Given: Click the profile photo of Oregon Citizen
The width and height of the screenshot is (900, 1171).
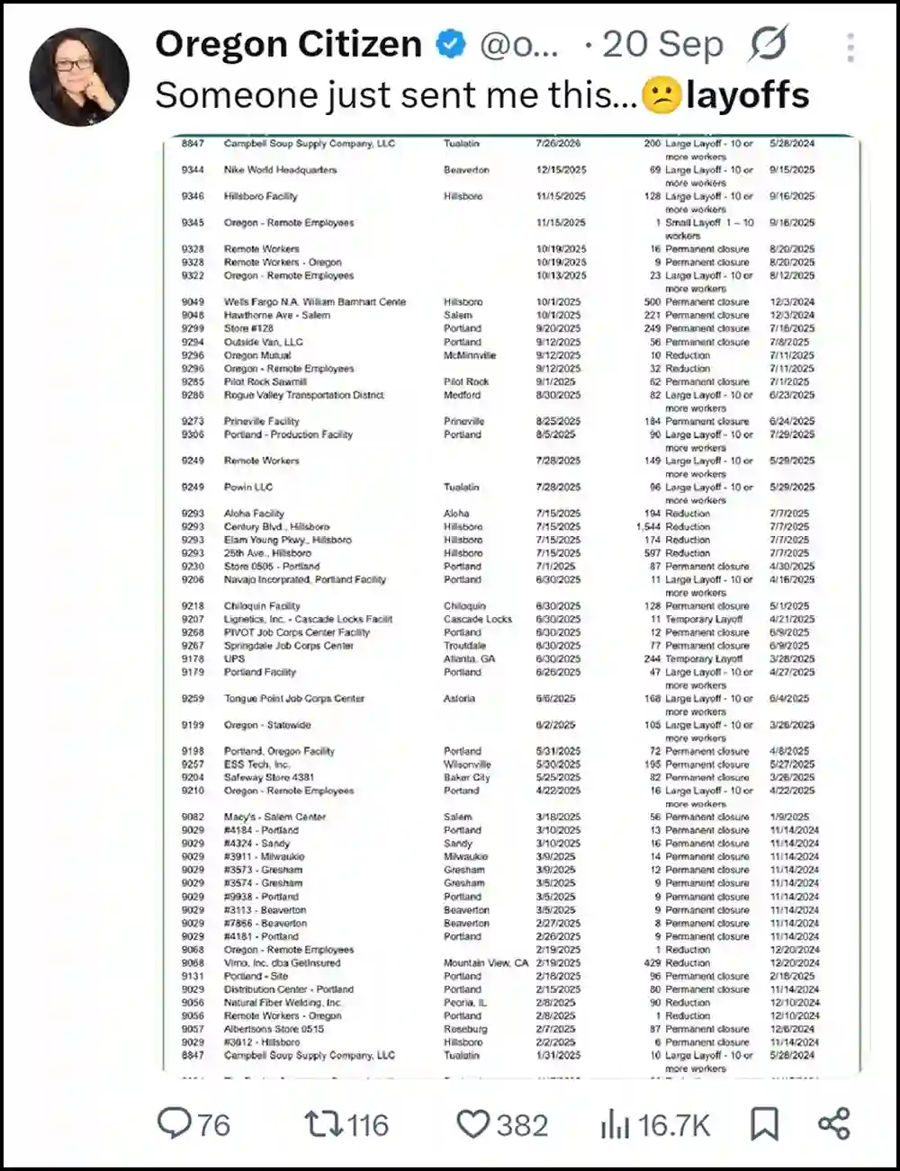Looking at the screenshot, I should pyautogui.click(x=79, y=77).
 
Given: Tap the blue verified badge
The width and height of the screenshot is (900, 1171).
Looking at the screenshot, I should pyautogui.click(x=450, y=43).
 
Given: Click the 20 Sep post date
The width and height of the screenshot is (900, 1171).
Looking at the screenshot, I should pyautogui.click(x=662, y=44).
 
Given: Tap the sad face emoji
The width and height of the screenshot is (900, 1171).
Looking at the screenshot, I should pyautogui.click(x=661, y=95).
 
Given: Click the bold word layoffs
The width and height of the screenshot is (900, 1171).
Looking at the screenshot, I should pyautogui.click(x=747, y=95).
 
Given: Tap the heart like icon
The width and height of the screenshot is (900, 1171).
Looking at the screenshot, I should pyautogui.click(x=472, y=1123).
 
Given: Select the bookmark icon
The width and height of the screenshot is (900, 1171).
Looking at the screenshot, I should pyautogui.click(x=764, y=1123).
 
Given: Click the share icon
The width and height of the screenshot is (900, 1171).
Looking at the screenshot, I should pyautogui.click(x=834, y=1123).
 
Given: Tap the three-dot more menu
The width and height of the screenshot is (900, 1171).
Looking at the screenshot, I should pyautogui.click(x=850, y=48).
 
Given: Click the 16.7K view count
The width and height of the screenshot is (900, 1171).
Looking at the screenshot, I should pyautogui.click(x=673, y=1124).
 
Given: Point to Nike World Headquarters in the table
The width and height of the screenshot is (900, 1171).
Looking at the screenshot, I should pyautogui.click(x=280, y=170).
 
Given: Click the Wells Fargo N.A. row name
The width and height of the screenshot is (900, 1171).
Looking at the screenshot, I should pyautogui.click(x=314, y=302).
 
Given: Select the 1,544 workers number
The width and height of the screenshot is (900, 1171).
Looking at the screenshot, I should pyautogui.click(x=648, y=527).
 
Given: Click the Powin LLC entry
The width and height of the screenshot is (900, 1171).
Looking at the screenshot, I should pyautogui.click(x=248, y=487).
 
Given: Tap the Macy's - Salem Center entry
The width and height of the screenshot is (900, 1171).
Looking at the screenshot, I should pyautogui.click(x=274, y=818).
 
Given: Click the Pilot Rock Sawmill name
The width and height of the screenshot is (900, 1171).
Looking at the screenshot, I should pyautogui.click(x=265, y=382).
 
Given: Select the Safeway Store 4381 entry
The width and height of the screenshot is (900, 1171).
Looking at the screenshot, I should pyautogui.click(x=269, y=778).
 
